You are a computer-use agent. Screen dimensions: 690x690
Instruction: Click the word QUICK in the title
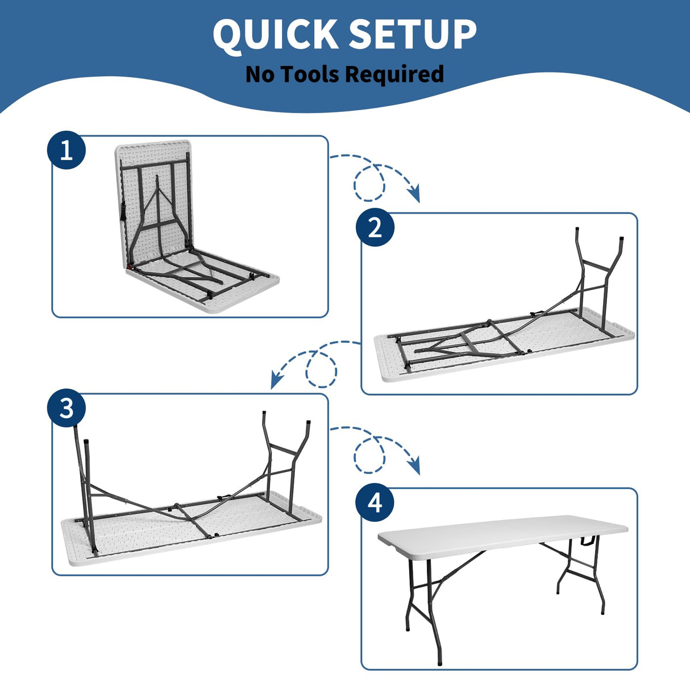point(276,35)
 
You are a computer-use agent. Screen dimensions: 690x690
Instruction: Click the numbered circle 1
point(66,151)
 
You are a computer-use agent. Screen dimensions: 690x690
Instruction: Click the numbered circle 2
point(375,228)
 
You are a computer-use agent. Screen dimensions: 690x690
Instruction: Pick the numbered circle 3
point(66,408)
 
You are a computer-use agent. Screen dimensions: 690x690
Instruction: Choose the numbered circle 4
point(375,503)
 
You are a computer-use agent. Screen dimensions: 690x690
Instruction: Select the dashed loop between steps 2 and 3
point(321,369)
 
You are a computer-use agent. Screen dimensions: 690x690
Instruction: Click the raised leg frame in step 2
point(597,273)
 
